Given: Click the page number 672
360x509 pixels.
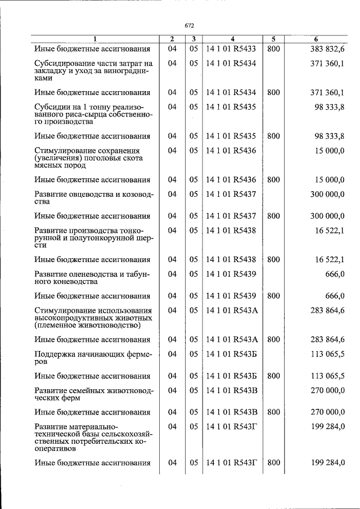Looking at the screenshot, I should click(x=189, y=25).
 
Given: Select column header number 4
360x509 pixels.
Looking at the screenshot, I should click(x=231, y=39).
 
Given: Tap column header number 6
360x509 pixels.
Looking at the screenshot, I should click(x=316, y=39).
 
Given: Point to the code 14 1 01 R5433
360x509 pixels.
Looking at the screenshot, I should click(x=231, y=49).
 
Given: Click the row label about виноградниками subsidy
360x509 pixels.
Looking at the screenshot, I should click(x=93, y=71).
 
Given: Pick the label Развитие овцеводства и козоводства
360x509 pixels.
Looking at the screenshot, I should click(x=93, y=197).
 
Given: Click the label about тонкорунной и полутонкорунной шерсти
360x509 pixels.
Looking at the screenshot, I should click(x=93, y=238).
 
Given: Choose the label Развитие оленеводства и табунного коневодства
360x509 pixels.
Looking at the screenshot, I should click(x=93, y=277).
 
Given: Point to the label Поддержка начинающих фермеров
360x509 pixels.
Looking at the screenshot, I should click(x=93, y=357).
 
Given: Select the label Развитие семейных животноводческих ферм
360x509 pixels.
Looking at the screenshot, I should click(x=93, y=394).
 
